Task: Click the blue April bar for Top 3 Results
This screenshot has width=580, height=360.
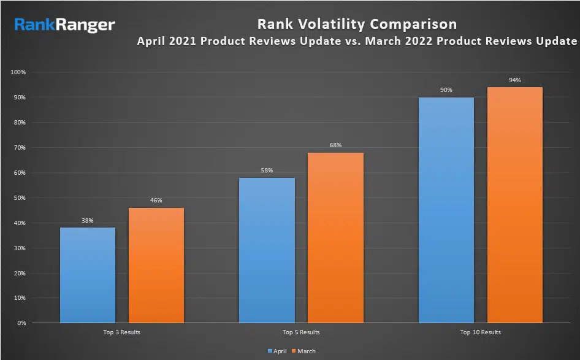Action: [x=88, y=275]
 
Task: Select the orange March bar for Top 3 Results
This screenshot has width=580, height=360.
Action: [x=156, y=265]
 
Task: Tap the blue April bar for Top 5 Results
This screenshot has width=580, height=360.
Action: [x=267, y=250]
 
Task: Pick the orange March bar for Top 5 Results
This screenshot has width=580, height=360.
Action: [x=335, y=237]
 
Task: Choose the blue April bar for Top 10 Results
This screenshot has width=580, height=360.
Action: [x=446, y=210]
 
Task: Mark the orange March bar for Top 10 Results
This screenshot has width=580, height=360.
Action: [x=514, y=205]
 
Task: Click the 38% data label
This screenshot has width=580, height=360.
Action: [x=88, y=221]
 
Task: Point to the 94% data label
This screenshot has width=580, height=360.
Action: [x=514, y=80]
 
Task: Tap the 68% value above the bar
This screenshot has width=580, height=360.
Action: [x=335, y=145]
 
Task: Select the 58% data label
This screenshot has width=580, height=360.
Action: [x=267, y=170]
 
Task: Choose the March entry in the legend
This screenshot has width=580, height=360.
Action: [x=304, y=351]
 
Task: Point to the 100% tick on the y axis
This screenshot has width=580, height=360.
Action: [x=18, y=72]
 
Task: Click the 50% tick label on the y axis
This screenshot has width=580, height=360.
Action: [x=20, y=198]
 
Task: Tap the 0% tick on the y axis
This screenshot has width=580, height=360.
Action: [x=22, y=323]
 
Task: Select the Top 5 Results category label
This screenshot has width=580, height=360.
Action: [x=301, y=332]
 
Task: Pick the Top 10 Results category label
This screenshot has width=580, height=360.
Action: [x=481, y=332]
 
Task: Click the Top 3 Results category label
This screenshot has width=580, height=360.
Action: [x=122, y=332]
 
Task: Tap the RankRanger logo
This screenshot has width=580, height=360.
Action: [x=65, y=25]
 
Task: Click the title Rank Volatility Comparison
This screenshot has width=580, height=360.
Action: [x=356, y=25]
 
